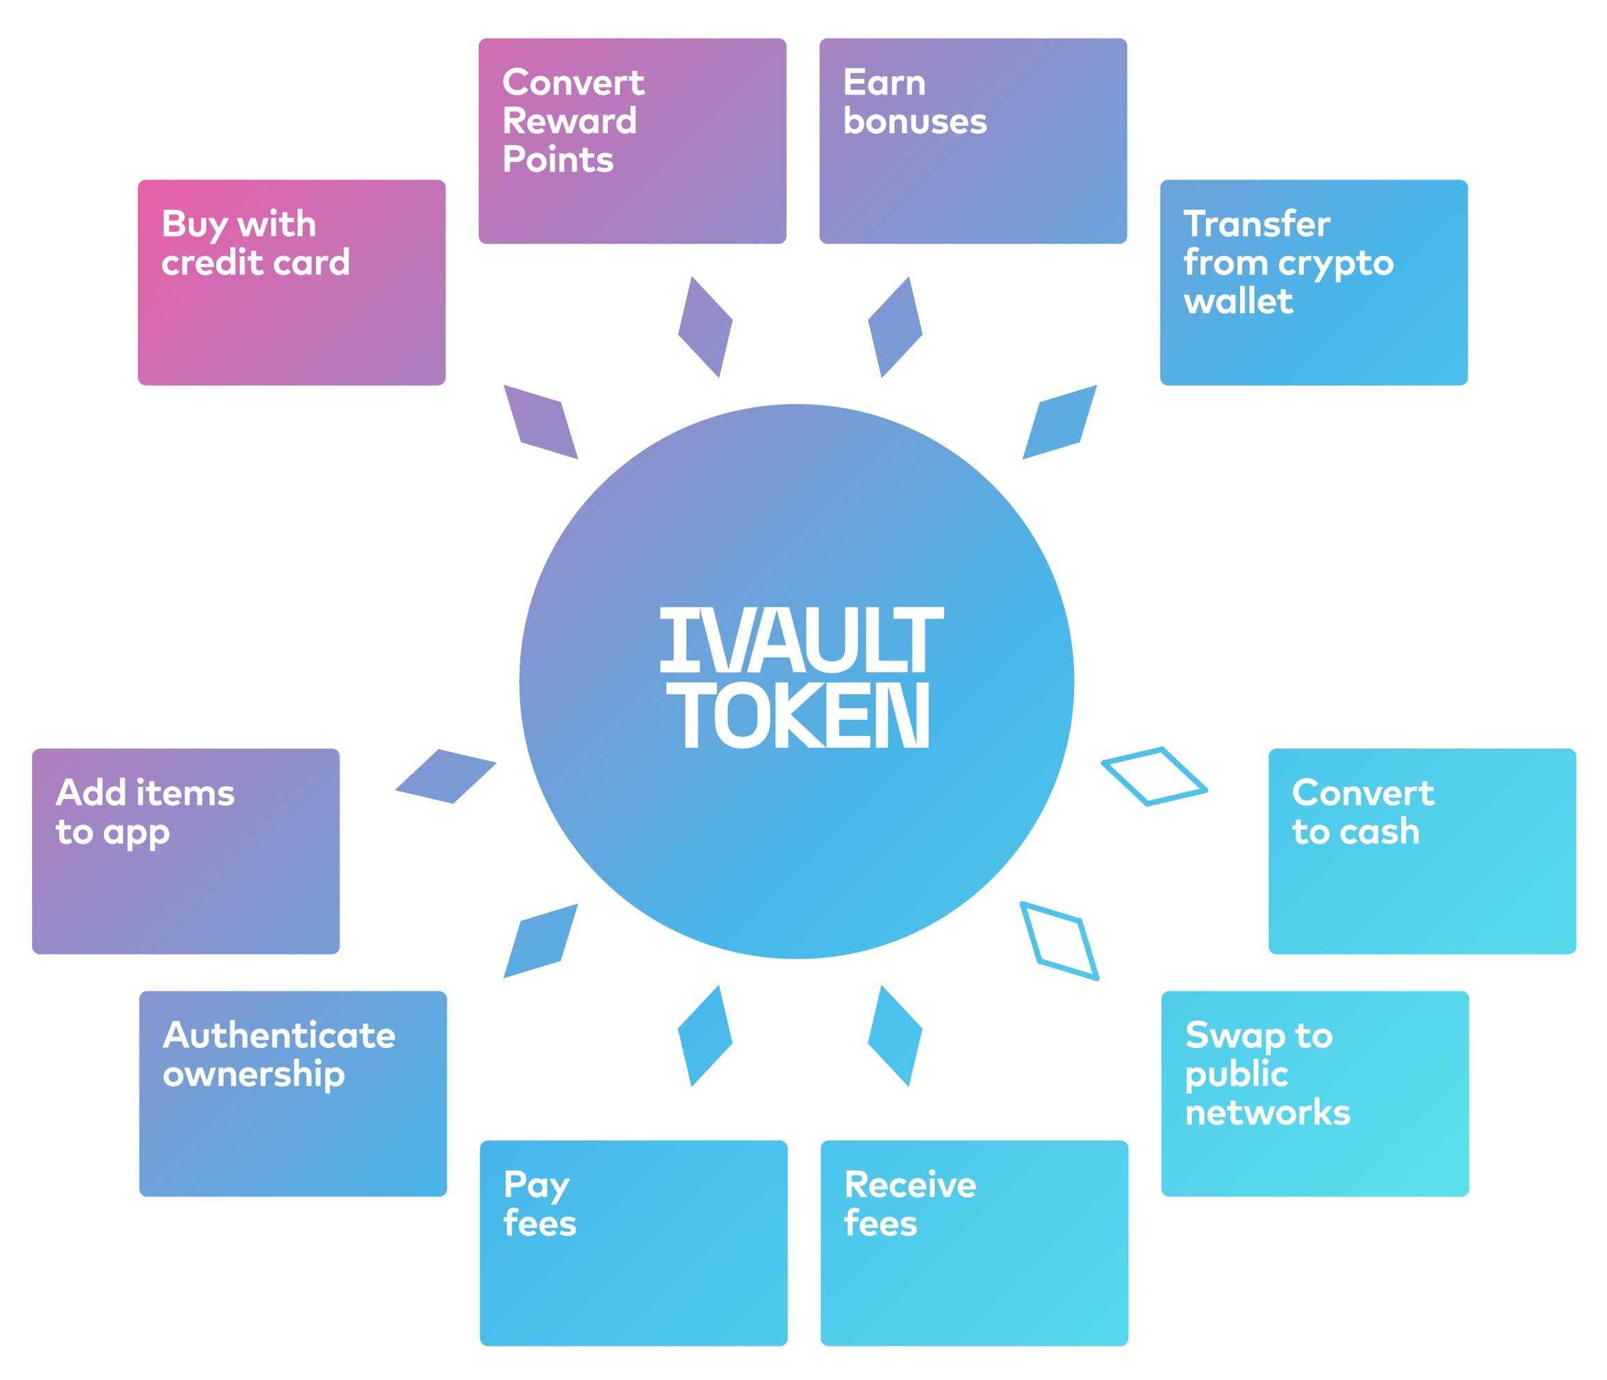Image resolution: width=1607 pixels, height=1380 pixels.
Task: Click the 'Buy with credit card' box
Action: click(x=292, y=283)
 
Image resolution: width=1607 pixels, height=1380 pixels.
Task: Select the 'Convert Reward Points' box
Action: click(x=632, y=141)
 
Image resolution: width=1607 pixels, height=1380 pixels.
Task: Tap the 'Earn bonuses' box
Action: click(x=972, y=141)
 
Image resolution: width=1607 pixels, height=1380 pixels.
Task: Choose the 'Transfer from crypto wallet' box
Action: click(x=1313, y=283)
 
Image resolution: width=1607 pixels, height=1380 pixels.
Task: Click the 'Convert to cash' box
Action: click(x=1421, y=851)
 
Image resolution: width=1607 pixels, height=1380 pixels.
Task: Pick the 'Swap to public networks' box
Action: click(x=1315, y=1094)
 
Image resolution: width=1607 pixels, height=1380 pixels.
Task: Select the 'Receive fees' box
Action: click(x=974, y=1243)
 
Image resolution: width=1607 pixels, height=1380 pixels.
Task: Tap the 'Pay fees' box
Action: click(x=633, y=1243)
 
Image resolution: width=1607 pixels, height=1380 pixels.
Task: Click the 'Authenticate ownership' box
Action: click(x=293, y=1094)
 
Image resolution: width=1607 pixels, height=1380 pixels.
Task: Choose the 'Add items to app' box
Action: click(x=186, y=851)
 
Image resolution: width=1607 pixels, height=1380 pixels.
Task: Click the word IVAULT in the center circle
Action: click(x=801, y=639)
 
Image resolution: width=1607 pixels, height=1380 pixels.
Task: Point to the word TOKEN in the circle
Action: click(x=804, y=715)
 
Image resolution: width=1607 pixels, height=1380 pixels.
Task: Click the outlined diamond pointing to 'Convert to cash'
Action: click(x=1154, y=777)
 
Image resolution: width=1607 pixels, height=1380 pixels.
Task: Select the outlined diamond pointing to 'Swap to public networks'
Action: click(x=1059, y=941)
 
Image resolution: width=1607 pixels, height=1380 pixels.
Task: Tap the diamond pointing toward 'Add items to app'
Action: click(x=445, y=777)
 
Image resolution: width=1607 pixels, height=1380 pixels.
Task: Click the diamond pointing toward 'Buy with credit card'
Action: click(x=541, y=422)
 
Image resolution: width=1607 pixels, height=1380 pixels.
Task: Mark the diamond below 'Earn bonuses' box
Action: click(x=895, y=327)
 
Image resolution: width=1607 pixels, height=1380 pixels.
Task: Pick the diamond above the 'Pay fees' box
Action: click(x=705, y=1035)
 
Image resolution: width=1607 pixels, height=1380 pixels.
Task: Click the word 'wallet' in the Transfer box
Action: click(x=1238, y=301)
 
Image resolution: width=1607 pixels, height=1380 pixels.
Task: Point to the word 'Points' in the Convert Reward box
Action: click(x=558, y=160)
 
